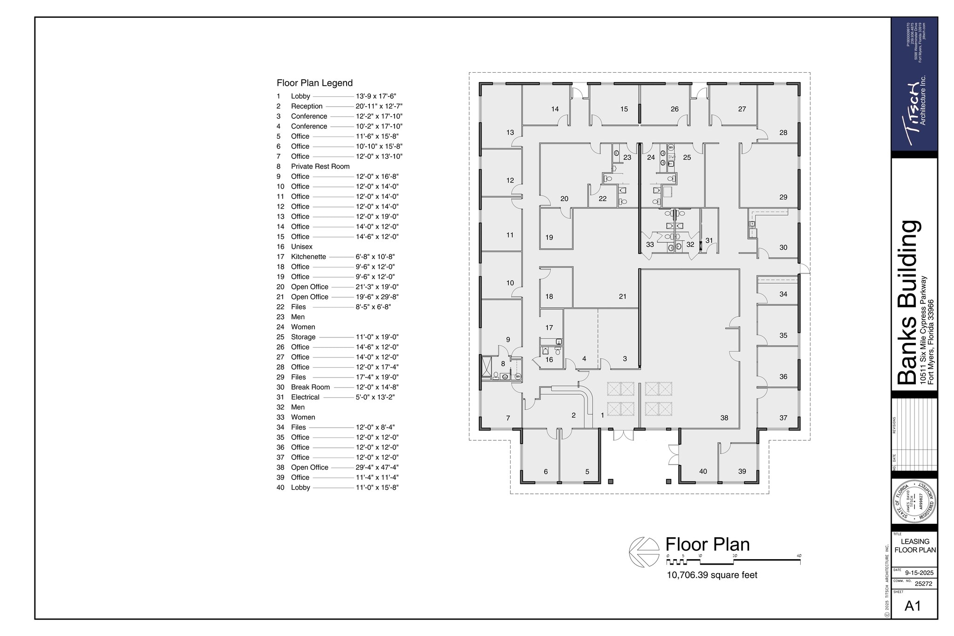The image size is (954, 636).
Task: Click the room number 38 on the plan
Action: tap(724, 418)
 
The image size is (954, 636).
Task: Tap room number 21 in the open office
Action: tap(622, 296)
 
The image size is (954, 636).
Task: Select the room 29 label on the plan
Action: tap(783, 197)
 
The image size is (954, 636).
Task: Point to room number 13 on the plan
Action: tap(510, 132)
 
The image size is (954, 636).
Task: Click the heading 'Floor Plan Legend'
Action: tap(314, 83)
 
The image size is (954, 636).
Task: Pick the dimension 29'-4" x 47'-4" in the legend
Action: tap(377, 467)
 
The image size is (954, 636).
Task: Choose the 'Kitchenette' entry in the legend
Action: tap(308, 257)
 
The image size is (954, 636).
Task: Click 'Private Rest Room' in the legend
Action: tap(320, 166)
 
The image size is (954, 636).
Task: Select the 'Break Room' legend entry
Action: tap(310, 387)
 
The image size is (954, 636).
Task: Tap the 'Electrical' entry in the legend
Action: tap(305, 397)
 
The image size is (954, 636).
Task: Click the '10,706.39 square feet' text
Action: tap(712, 575)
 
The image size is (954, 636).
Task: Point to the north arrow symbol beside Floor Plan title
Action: tap(644, 552)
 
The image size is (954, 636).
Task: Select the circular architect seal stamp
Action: tap(913, 504)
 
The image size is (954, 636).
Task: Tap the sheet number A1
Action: tap(913, 606)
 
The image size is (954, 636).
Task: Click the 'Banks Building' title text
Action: tap(907, 303)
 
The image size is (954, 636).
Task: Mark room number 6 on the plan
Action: tap(545, 472)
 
